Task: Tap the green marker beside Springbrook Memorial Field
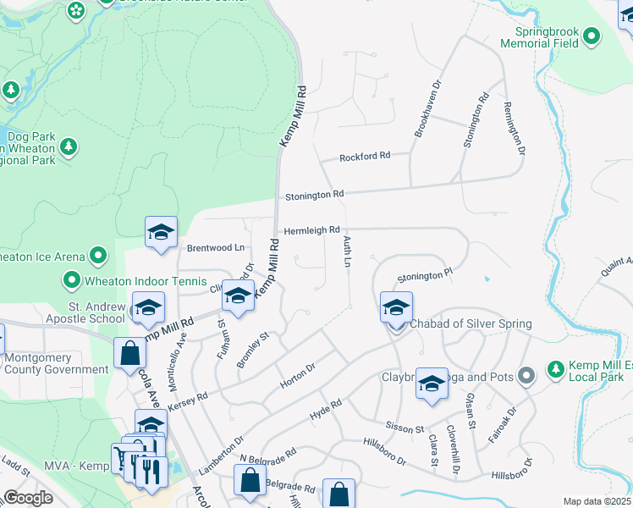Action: pos(591,37)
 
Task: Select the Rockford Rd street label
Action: pos(365,157)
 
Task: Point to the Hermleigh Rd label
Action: pos(311,229)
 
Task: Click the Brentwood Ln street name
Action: pos(215,248)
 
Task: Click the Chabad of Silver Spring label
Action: pos(471,324)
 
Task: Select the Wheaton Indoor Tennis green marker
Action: pos(71,279)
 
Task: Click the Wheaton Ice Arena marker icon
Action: pos(98,255)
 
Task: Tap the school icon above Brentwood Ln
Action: pos(161,232)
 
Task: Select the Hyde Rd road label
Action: pos(325,408)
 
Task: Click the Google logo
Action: pos(29,498)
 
